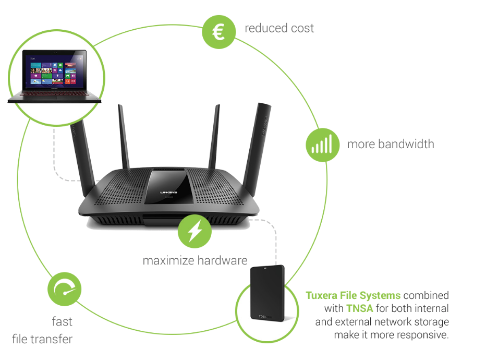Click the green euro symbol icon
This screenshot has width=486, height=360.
click(219, 31)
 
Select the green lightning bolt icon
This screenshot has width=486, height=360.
click(195, 232)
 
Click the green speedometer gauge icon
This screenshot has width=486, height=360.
click(65, 289)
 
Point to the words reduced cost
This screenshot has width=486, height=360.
click(280, 28)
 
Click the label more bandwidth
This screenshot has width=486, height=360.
click(391, 143)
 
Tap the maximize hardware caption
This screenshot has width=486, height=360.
click(195, 260)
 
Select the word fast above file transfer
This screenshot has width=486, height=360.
click(62, 321)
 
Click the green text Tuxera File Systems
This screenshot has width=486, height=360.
click(353, 296)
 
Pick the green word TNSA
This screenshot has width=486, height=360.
click(359, 308)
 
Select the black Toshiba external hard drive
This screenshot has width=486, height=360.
click(268, 294)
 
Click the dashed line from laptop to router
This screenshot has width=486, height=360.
click(56, 162)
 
